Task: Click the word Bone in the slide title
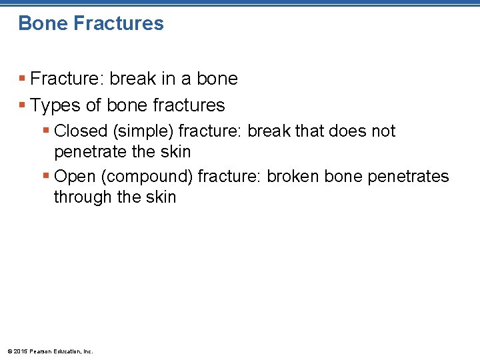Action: coord(43,23)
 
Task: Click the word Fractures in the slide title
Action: coord(118,23)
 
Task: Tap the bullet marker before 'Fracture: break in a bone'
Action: coord(22,79)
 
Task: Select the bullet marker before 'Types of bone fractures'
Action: coord(22,105)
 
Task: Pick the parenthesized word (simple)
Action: coord(144,131)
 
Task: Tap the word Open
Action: coord(75,176)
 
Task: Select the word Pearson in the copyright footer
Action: coord(39,351)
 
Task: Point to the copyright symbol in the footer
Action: coord(9,351)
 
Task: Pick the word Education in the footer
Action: coord(67,351)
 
